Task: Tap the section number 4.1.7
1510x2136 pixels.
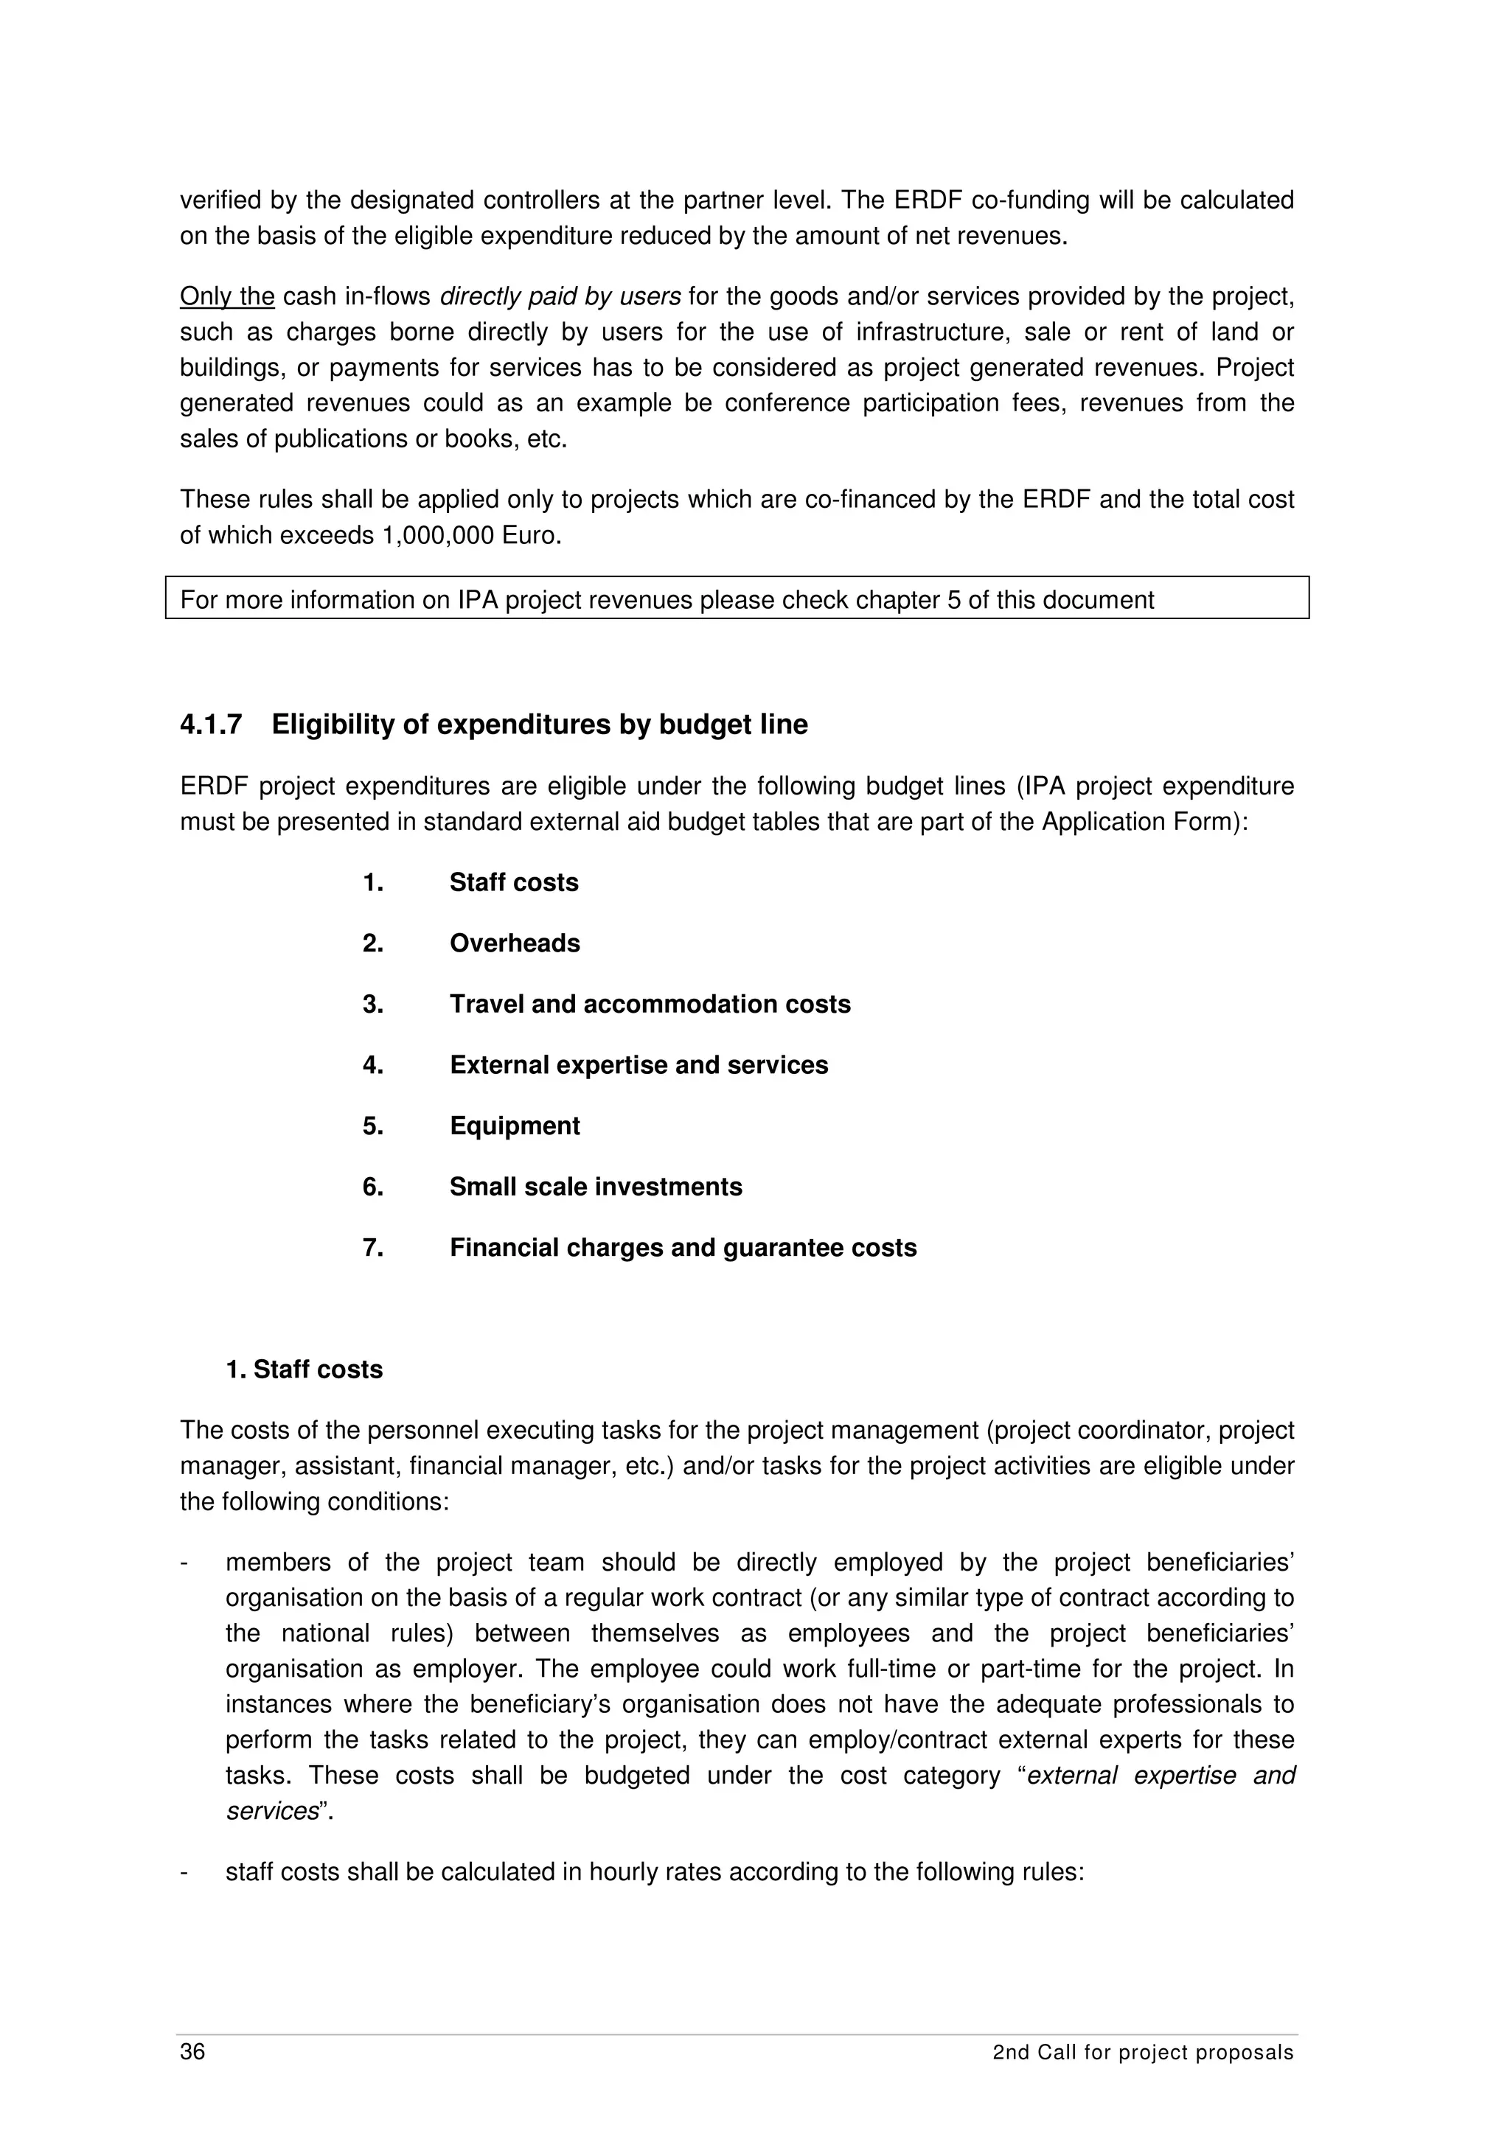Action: (211, 725)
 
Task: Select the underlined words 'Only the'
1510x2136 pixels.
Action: (227, 297)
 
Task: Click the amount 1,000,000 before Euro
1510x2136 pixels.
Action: (438, 536)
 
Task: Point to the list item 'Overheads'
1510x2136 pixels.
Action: (515, 943)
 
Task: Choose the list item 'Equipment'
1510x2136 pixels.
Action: (515, 1125)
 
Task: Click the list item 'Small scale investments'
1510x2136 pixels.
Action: (596, 1187)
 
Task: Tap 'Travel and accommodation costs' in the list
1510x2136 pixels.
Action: (650, 1005)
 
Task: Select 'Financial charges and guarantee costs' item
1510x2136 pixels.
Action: (683, 1248)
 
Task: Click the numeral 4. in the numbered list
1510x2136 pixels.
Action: (373, 1065)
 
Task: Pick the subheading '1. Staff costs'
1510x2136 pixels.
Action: (305, 1369)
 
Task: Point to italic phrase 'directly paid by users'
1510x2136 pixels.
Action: (560, 297)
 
